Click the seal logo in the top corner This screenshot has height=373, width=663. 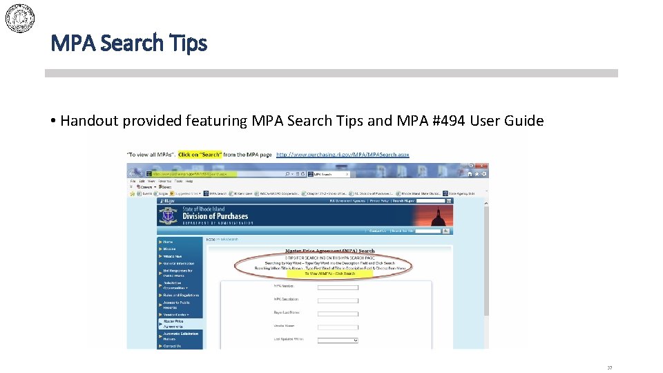pyautogui.click(x=20, y=17)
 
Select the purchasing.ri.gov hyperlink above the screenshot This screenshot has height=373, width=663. pyautogui.click(x=343, y=155)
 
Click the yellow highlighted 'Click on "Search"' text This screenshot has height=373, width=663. pyautogui.click(x=200, y=155)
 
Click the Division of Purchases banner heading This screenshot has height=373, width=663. pyautogui.click(x=215, y=216)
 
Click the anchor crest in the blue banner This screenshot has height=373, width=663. pyautogui.click(x=167, y=216)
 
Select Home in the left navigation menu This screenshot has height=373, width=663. pyautogui.click(x=169, y=242)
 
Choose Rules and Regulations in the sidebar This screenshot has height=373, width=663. pyautogui.click(x=181, y=295)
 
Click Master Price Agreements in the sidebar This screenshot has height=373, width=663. pyautogui.click(x=173, y=323)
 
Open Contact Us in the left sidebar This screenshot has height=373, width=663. pyautogui.click(x=172, y=346)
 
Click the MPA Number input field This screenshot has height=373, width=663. pyautogui.click(x=338, y=286)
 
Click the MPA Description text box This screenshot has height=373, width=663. pyautogui.click(x=338, y=300)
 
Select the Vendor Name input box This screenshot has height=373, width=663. pyautogui.click(x=338, y=327)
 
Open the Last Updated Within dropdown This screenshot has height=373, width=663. pyautogui.click(x=338, y=340)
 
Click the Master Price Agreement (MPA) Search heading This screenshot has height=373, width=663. pyautogui.click(x=330, y=251)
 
